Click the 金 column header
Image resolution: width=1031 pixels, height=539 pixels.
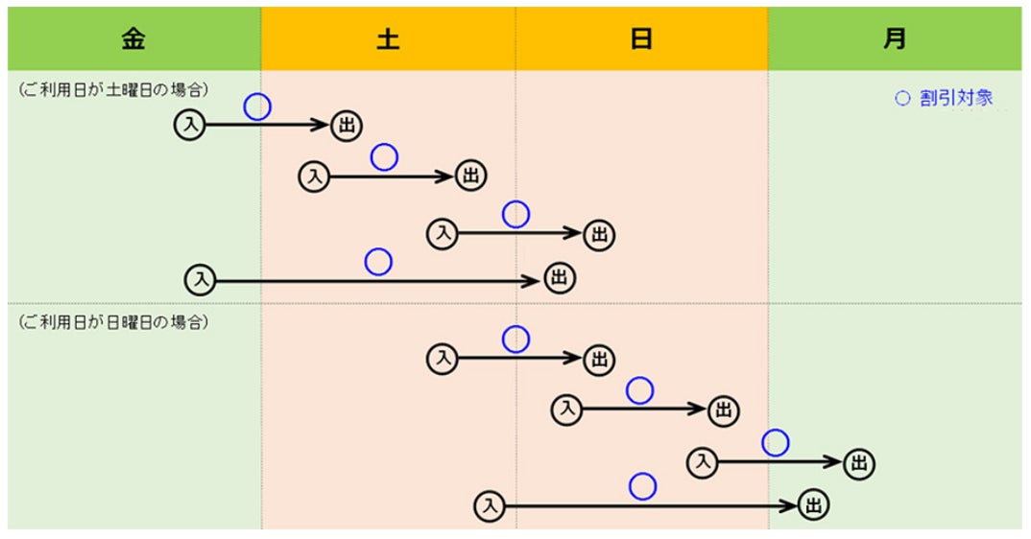(133, 39)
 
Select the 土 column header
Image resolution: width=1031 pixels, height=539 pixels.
(388, 39)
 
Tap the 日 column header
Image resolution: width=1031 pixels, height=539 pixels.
(641, 39)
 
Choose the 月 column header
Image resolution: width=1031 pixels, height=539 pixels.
(895, 39)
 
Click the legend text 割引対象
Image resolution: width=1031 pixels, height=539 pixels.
(955, 98)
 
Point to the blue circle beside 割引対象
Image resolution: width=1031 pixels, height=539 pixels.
(901, 98)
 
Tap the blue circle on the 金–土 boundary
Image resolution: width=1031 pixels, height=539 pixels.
(257, 106)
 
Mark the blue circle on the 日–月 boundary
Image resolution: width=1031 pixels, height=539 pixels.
(776, 443)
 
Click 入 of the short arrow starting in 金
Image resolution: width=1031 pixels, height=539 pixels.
(190, 125)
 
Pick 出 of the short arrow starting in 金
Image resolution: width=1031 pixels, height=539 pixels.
(347, 125)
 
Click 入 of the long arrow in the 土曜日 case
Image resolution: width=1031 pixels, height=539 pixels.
(201, 280)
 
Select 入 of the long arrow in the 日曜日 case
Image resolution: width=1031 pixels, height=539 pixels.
(490, 505)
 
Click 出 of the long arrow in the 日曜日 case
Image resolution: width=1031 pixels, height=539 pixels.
(812, 505)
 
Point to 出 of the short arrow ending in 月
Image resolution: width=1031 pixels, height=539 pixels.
(859, 464)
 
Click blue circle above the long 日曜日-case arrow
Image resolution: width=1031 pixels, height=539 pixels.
(642, 487)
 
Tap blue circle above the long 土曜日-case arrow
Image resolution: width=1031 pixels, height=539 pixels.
(378, 261)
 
